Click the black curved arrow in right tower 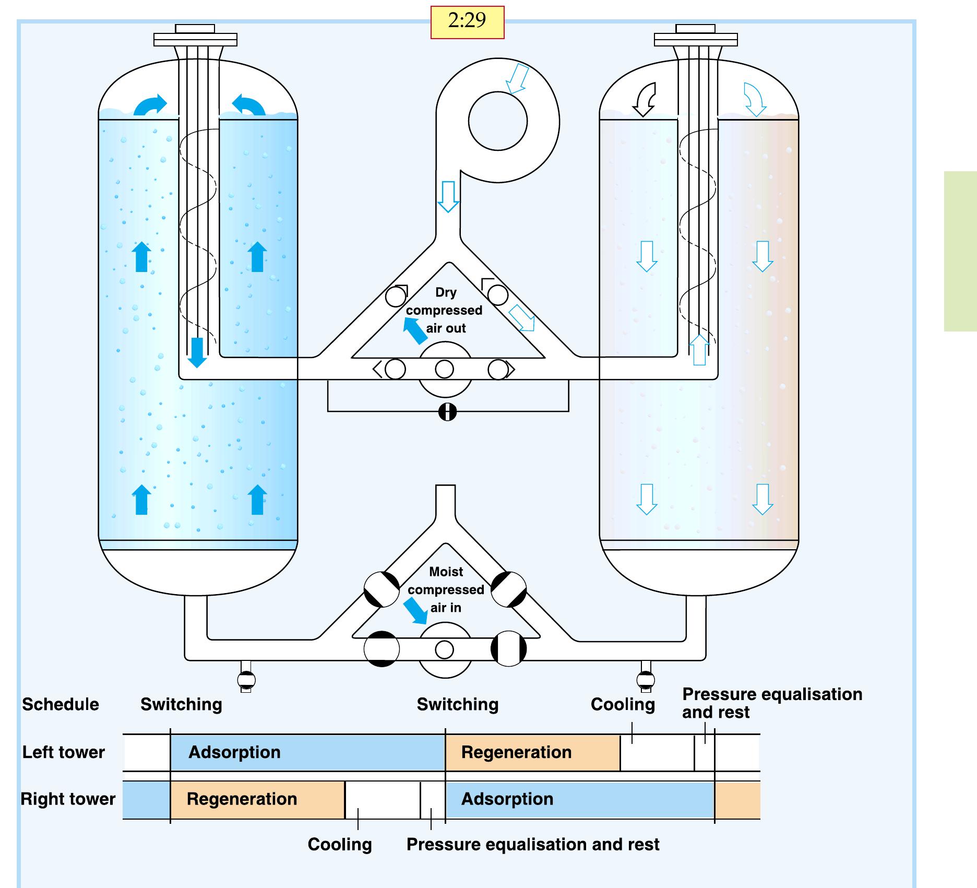click(645, 100)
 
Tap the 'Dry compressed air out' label click(445, 310)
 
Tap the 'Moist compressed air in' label click(446, 589)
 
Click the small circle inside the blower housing click(498, 121)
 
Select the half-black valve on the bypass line click(447, 412)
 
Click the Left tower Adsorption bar click(307, 752)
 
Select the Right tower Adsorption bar click(579, 799)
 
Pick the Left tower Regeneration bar click(532, 752)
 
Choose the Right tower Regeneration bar click(257, 799)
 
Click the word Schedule click(61, 704)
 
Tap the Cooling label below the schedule click(340, 844)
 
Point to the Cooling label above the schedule click(623, 704)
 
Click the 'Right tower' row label click(68, 799)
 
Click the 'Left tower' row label click(64, 752)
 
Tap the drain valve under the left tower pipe click(246, 679)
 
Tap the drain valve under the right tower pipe click(646, 679)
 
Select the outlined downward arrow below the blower click(448, 196)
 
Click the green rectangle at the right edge click(960, 251)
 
